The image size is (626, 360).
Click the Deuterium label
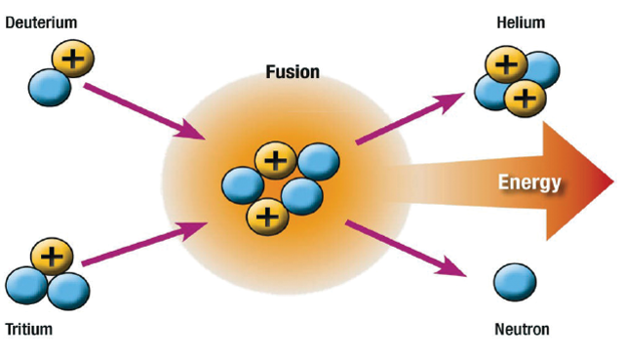40,21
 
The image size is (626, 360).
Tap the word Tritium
29,330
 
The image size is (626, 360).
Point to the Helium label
521,22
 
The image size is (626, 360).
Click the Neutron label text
522,330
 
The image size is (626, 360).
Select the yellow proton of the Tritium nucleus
53,259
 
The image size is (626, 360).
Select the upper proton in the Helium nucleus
505,65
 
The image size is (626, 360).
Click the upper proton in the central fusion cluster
276,160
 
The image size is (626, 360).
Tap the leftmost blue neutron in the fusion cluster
242,184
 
